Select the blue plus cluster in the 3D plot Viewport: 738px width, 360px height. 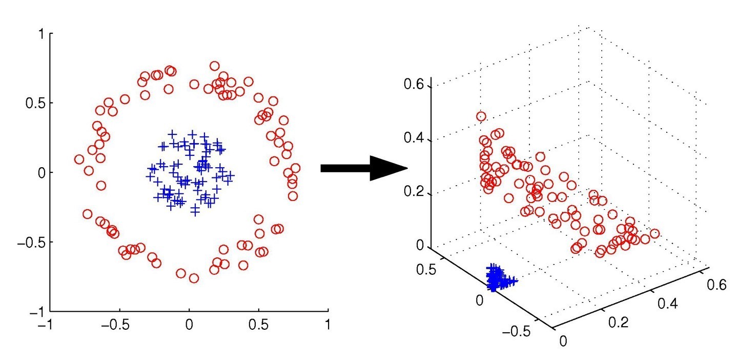(x=497, y=278)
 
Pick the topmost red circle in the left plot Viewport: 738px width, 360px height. (x=214, y=66)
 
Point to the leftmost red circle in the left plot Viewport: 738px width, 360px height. (x=79, y=159)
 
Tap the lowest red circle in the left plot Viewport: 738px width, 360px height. (x=194, y=278)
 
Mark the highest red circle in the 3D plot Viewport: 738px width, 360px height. (x=481, y=116)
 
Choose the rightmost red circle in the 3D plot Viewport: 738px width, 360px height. (x=654, y=234)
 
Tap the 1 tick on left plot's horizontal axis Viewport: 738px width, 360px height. (x=327, y=325)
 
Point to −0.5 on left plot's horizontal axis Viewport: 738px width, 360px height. (x=118, y=325)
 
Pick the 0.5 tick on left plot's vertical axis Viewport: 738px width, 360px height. (x=36, y=103)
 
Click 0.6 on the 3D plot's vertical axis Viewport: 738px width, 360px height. (x=416, y=85)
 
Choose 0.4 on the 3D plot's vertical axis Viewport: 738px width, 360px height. (x=416, y=139)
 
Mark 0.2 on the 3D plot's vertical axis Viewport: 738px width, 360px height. (x=416, y=194)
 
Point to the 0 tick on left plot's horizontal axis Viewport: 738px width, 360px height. (x=189, y=325)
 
